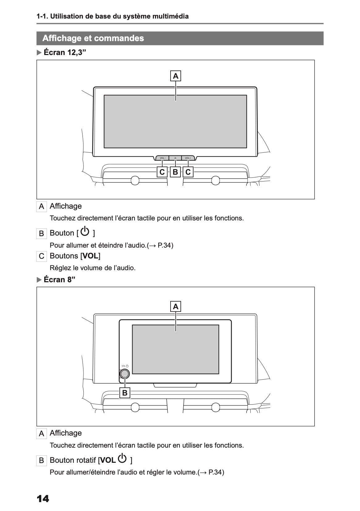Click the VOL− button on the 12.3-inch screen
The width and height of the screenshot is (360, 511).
[x=163, y=158]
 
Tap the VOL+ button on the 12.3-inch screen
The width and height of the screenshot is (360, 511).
[x=188, y=158]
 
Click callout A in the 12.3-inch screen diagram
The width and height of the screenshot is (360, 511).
[x=176, y=76]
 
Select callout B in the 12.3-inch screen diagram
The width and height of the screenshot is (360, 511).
[x=175, y=172]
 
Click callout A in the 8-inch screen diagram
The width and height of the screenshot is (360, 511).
[x=176, y=306]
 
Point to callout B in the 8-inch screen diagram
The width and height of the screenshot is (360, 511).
[x=125, y=393]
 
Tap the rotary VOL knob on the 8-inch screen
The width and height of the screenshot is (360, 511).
[x=125, y=373]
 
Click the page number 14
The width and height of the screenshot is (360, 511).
[x=43, y=499]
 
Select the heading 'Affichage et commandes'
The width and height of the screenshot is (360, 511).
[x=93, y=38]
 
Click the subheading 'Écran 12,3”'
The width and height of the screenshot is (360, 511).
[x=65, y=52]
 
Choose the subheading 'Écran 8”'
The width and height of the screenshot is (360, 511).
[x=59, y=279]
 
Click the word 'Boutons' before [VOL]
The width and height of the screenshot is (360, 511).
[x=64, y=256]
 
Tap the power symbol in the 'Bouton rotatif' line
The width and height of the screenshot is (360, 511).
[x=122, y=458]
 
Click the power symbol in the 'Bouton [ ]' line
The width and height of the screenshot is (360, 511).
[x=85, y=231]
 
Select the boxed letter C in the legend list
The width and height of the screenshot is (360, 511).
[x=41, y=256]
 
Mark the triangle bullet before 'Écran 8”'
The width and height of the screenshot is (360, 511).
[x=39, y=280]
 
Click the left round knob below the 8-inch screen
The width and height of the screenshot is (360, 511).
[x=135, y=407]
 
